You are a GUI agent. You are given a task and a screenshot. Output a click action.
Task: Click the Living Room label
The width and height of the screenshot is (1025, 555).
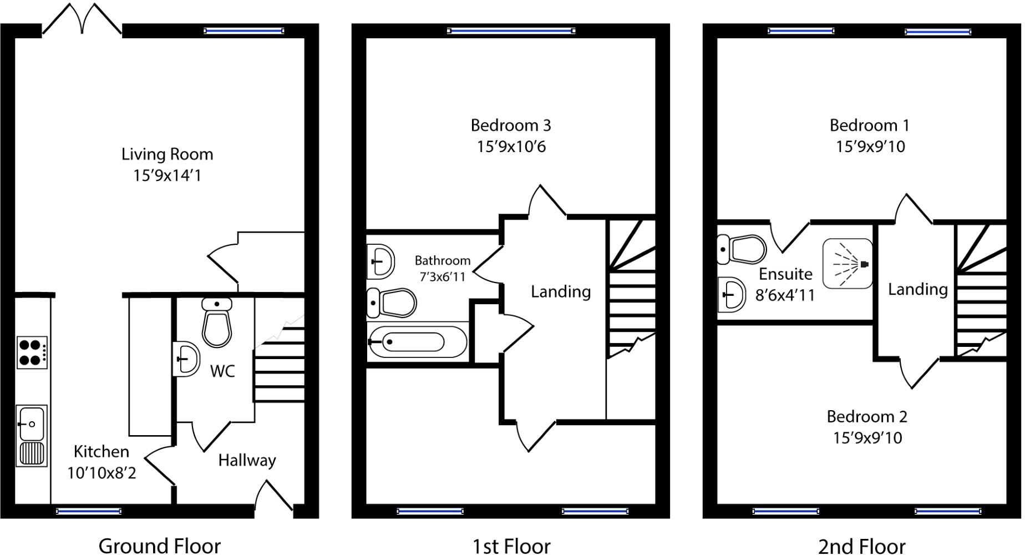pyautogui.click(x=167, y=154)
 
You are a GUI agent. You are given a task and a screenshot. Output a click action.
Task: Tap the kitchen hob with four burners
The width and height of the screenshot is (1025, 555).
pyautogui.click(x=32, y=352)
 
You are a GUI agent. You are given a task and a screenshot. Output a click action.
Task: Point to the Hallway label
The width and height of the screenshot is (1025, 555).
pyautogui.click(x=247, y=460)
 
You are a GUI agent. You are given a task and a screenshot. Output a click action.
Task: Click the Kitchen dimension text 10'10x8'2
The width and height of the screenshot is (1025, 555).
pyautogui.click(x=102, y=473)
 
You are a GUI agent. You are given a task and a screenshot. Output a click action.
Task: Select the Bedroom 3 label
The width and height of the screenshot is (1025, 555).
pyautogui.click(x=511, y=125)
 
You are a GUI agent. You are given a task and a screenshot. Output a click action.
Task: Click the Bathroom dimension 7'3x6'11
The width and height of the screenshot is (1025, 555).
pyautogui.click(x=442, y=276)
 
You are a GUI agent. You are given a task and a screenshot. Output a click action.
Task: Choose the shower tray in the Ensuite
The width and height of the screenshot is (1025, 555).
pyautogui.click(x=847, y=264)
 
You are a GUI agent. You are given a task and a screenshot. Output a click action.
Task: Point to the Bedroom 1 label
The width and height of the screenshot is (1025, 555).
pyautogui.click(x=869, y=125)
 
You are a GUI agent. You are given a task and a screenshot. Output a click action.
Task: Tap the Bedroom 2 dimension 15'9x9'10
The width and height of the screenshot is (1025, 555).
pyautogui.click(x=867, y=438)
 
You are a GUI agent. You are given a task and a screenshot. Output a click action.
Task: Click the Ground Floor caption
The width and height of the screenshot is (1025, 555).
pyautogui.click(x=159, y=546)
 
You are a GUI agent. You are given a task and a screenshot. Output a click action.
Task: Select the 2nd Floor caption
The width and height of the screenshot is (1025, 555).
pyautogui.click(x=861, y=546)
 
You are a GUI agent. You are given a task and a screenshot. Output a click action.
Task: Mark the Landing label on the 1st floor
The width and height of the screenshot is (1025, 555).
pyautogui.click(x=560, y=291)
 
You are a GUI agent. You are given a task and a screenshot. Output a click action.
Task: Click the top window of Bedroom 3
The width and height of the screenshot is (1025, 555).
pyautogui.click(x=511, y=31)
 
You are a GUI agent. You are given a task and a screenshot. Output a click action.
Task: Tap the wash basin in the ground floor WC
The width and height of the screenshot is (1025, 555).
pyautogui.click(x=186, y=359)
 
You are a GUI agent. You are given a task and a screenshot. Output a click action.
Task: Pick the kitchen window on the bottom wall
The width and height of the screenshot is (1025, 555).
pyautogui.click(x=89, y=511)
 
